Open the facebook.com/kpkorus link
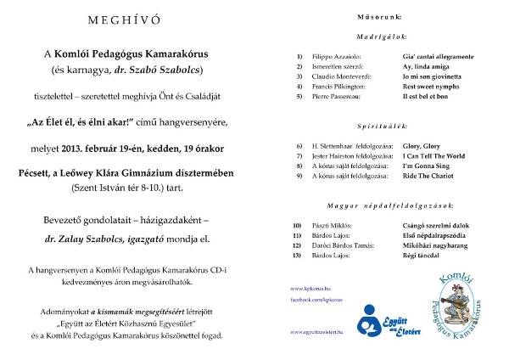click(316, 300)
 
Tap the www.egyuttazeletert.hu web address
click(319, 330)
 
